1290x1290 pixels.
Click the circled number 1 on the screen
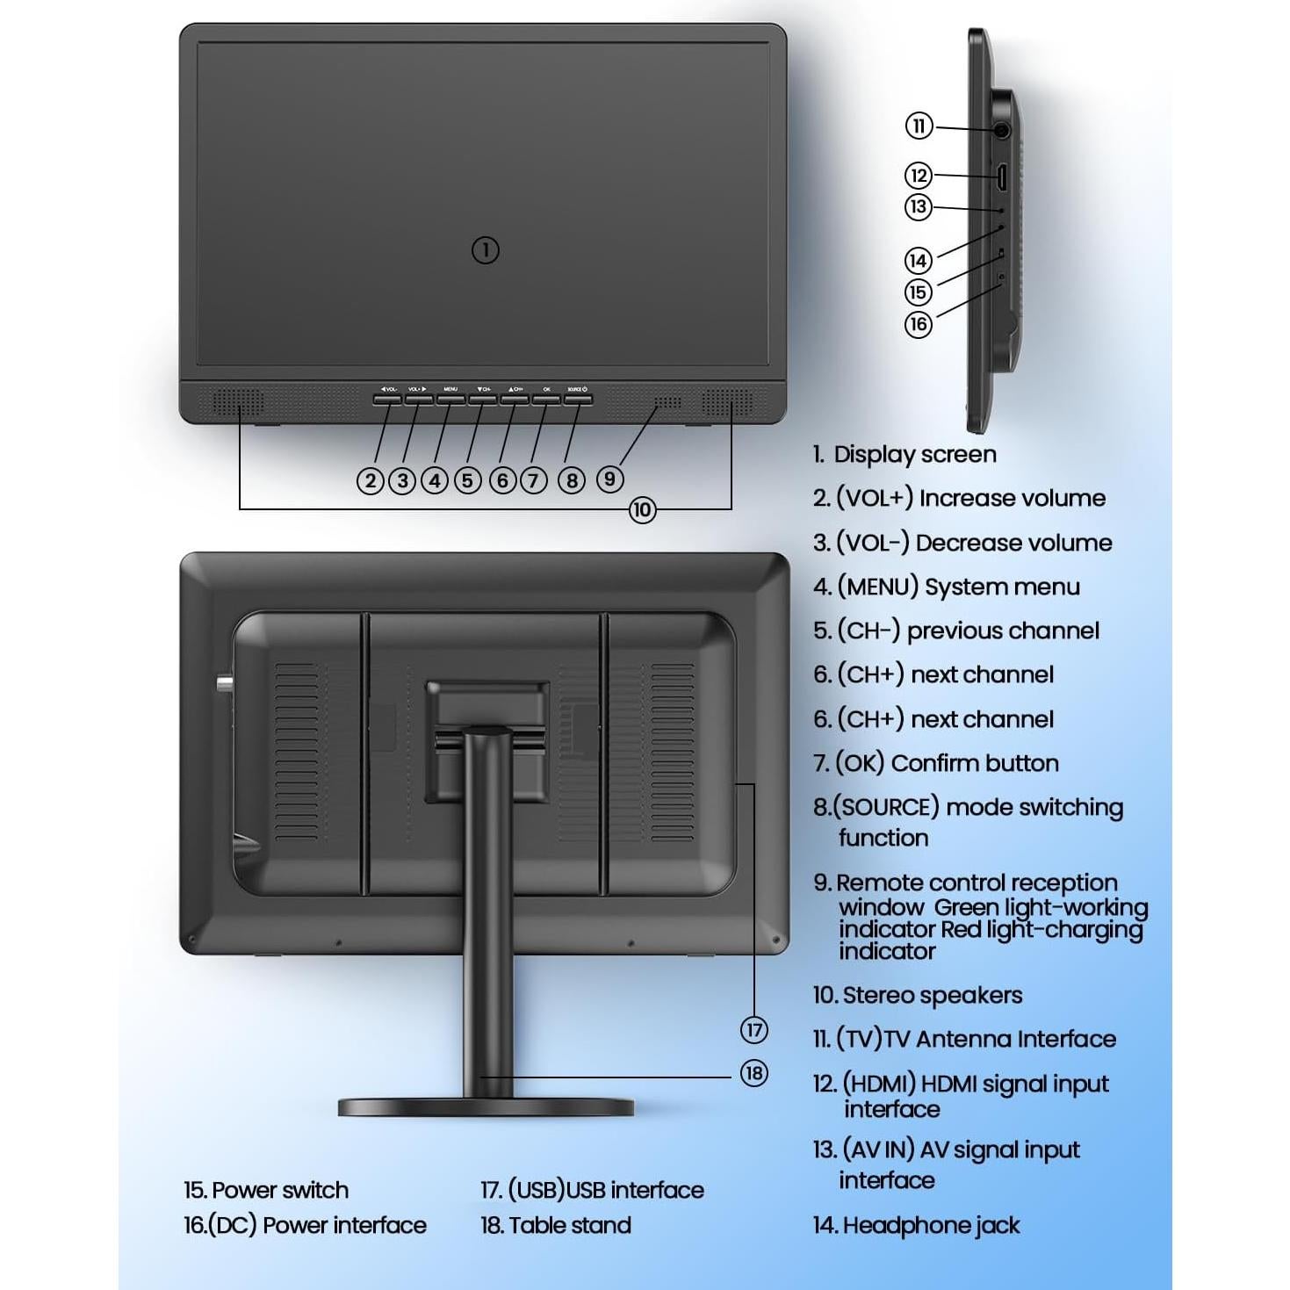tap(486, 250)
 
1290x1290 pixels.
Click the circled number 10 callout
tap(642, 509)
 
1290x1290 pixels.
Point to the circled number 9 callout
tap(609, 479)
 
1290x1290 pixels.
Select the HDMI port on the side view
tap(1001, 178)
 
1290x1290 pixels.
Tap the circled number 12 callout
tap(918, 175)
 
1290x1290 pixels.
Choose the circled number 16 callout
tap(918, 324)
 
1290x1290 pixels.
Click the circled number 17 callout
tap(753, 1029)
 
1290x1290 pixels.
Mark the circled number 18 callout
tap(753, 1073)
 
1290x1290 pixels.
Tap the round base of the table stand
tap(486, 1107)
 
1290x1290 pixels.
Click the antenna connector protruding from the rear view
tap(222, 683)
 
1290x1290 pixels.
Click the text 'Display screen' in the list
tap(914, 454)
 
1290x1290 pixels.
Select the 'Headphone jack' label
tap(930, 1225)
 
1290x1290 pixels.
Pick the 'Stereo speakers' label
tap(932, 995)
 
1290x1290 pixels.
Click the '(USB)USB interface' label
tap(605, 1190)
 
